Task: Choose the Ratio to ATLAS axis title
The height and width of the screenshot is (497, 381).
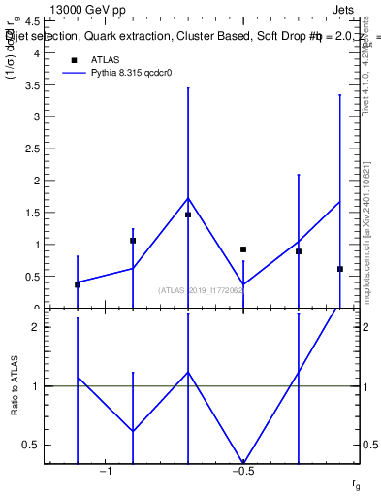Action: (x=15, y=386)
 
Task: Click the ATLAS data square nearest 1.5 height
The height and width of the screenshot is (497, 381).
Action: (x=188, y=215)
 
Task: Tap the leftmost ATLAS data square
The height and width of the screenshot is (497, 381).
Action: (x=78, y=284)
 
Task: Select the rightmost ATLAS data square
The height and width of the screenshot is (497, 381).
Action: (x=340, y=269)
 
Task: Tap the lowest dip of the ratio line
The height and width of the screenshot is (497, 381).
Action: (x=243, y=462)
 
